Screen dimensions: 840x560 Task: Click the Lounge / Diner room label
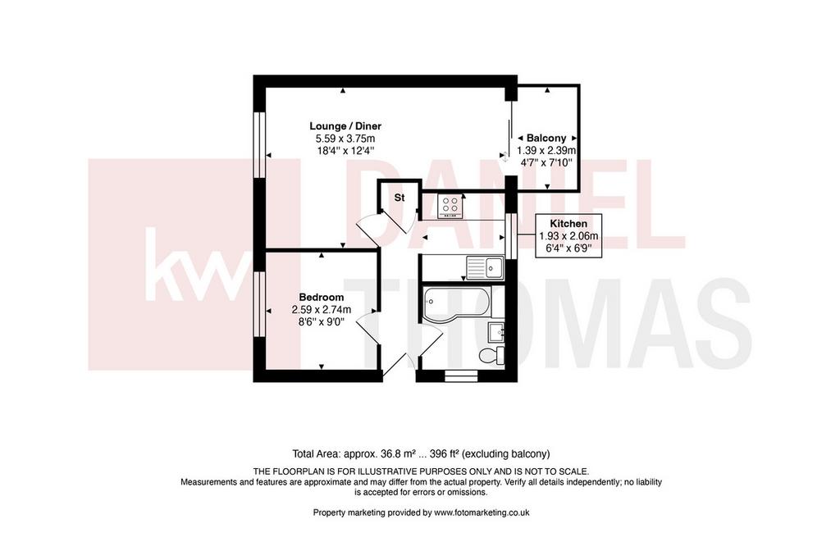pos(345,126)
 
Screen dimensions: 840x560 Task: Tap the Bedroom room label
pos(322,297)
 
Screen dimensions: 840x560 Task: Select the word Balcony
pos(546,138)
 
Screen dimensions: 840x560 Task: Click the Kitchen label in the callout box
pos(568,224)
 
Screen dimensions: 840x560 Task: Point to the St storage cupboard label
pos(399,198)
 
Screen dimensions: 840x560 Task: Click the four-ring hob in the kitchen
pos(450,206)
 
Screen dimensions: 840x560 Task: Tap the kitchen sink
pos(485,267)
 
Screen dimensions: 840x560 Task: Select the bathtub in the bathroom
pos(456,304)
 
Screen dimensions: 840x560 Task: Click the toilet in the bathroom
pos(493,356)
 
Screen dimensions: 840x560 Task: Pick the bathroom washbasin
pos(496,332)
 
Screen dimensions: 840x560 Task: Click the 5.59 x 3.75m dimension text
pos(345,139)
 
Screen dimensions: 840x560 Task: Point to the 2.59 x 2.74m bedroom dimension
pos(322,309)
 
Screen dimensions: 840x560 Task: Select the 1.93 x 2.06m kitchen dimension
pos(568,235)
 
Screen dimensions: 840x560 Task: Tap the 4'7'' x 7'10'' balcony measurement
pos(546,162)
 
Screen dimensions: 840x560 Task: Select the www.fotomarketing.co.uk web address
pos(482,512)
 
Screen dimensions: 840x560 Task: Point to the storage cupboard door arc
pos(367,228)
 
